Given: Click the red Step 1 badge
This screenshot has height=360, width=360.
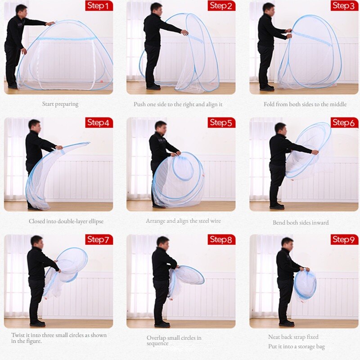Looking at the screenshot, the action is (99, 5).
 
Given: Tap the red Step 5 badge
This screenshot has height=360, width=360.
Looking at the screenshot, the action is (221, 122).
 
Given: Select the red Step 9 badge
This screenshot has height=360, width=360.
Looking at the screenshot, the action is (344, 239).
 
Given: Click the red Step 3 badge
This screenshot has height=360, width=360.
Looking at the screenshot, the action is (344, 5).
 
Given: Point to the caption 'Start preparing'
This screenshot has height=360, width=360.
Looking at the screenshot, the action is (60, 104).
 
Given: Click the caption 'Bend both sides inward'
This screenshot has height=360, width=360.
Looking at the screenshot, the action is (301, 222).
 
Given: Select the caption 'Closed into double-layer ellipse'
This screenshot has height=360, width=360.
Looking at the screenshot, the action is (66, 221).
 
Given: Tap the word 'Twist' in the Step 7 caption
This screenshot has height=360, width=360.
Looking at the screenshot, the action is (18, 335).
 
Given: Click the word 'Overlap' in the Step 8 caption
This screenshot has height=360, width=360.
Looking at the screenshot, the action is (156, 338).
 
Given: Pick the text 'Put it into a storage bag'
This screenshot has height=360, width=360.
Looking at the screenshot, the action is (297, 346).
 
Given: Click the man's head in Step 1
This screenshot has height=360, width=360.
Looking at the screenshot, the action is (21, 9).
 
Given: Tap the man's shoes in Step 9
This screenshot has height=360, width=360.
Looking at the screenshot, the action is (287, 324).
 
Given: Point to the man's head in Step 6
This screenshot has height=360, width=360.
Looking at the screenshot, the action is (280, 129).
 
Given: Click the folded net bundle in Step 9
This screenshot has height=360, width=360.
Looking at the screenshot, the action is (305, 285).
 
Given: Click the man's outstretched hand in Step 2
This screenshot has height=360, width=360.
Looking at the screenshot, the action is (185, 32).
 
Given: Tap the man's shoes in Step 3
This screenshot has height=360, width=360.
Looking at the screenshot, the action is (267, 88).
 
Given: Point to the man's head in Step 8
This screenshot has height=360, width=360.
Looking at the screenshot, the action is (163, 242).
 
